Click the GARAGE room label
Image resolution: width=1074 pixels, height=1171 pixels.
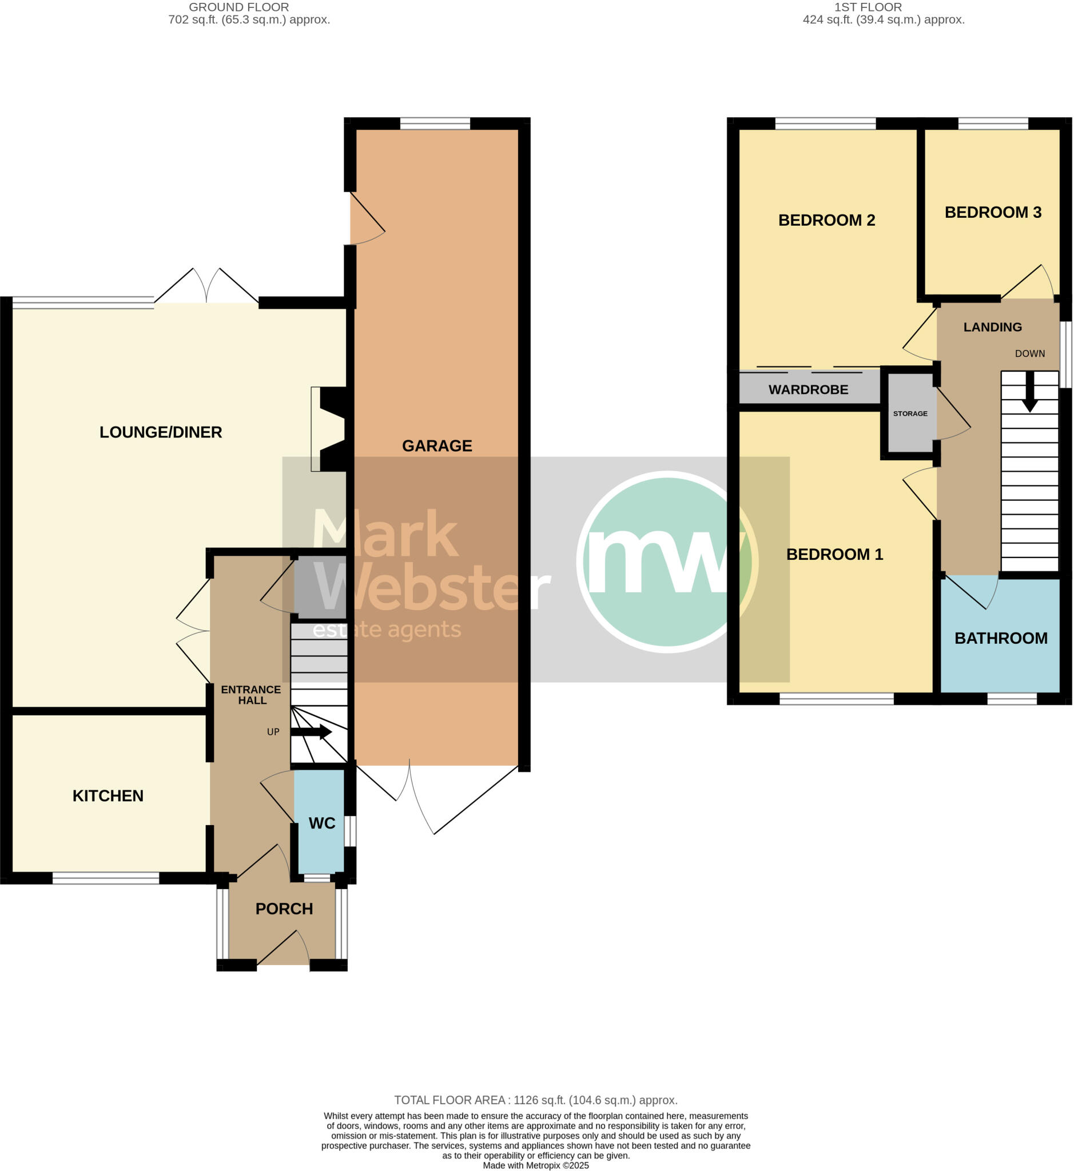tap(436, 446)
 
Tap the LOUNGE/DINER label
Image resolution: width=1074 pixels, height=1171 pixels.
tap(160, 432)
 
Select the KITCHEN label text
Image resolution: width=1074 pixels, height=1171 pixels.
tap(108, 795)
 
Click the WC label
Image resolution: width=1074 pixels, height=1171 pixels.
tap(321, 823)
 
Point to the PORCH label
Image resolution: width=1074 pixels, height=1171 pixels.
tap(284, 909)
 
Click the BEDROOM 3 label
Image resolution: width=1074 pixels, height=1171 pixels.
tap(993, 212)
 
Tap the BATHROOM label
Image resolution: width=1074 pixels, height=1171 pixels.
tap(1001, 638)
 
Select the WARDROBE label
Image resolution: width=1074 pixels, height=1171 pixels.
tap(808, 389)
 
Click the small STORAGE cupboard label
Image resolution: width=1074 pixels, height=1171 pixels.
tap(910, 413)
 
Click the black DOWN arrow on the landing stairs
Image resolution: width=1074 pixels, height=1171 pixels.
tap(1029, 393)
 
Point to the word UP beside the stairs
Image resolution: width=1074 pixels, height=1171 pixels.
tap(273, 732)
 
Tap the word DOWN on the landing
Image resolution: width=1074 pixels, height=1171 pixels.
tap(1029, 353)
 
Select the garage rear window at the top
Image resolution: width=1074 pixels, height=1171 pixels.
tap(435, 123)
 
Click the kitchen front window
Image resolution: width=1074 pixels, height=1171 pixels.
tap(106, 879)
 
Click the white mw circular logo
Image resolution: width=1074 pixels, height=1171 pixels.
tap(667, 561)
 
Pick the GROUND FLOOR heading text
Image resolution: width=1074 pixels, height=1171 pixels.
tap(239, 7)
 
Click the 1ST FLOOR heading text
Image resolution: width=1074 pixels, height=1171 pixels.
tap(868, 7)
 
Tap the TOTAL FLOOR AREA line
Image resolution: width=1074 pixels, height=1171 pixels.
tap(535, 1100)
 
